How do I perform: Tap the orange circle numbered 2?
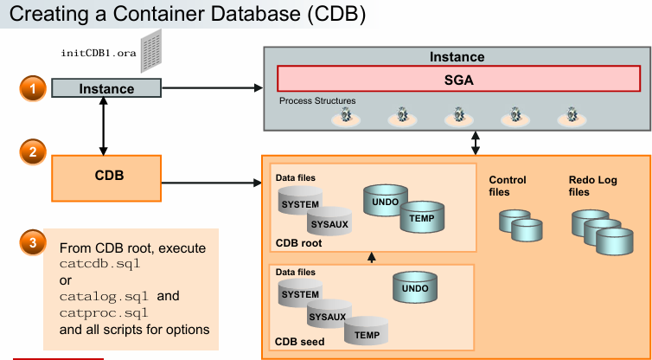[x=32, y=152]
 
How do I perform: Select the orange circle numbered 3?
[x=32, y=242]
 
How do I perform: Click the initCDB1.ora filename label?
[x=99, y=53]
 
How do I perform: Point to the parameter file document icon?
[x=153, y=51]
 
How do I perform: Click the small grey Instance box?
[x=106, y=88]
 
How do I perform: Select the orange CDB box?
[x=108, y=176]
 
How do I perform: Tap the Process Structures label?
[x=317, y=101]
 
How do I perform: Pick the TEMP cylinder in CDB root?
[x=422, y=220]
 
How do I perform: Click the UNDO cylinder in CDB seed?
[x=417, y=286]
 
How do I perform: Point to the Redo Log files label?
[x=591, y=186]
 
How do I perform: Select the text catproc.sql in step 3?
[x=99, y=312]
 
